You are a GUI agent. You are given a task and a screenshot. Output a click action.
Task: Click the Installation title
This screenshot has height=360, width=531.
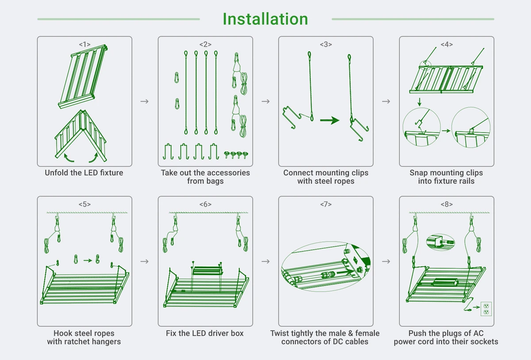[265, 19]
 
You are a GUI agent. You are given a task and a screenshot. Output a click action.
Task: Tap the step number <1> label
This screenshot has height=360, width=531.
[85, 44]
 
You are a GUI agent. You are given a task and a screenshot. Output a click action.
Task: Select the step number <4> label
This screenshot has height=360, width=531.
[446, 44]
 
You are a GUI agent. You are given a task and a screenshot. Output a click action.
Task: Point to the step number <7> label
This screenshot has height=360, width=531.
[326, 204]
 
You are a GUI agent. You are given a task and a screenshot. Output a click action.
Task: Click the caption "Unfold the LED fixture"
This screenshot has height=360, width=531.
[84, 173]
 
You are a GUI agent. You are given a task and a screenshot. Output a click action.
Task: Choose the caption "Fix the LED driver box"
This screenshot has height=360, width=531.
[205, 333]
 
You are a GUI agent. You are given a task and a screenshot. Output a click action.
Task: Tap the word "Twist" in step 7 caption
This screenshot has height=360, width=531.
[281, 333]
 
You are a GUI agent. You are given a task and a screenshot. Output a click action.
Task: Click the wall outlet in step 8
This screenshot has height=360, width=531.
[486, 309]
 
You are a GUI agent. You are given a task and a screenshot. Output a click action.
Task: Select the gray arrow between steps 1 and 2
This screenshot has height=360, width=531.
[144, 101]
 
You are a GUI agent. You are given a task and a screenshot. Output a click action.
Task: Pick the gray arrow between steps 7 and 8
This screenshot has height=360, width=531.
[386, 261]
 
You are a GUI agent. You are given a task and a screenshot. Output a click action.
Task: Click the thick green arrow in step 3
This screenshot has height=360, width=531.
[330, 120]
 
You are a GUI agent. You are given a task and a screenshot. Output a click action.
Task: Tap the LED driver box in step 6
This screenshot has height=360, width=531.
[208, 270]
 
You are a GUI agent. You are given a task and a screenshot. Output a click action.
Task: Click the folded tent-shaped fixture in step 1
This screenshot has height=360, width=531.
[81, 135]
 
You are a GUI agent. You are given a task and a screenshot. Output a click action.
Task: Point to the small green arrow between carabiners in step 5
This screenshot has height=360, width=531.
[88, 260]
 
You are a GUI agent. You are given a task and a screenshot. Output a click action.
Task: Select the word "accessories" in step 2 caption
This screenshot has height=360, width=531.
[228, 173]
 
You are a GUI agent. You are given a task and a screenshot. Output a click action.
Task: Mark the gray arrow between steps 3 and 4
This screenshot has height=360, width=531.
[386, 101]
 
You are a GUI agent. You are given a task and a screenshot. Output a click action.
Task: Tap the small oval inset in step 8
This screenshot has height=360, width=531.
[440, 242]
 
